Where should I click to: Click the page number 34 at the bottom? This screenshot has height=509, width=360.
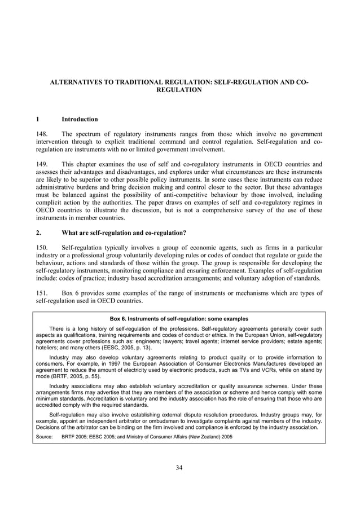[x=179, y=467]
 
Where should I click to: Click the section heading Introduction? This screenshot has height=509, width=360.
[x=80, y=120]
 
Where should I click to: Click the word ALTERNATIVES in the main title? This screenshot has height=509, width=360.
[x=78, y=82]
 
